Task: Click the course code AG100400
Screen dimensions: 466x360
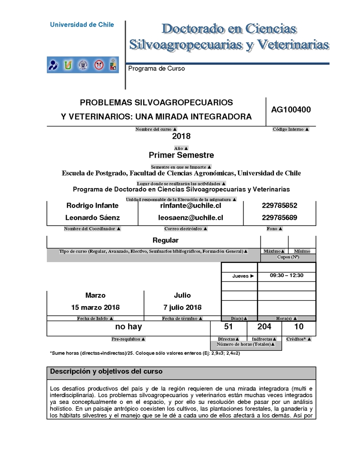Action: click(291, 109)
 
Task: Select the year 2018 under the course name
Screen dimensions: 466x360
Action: click(181, 136)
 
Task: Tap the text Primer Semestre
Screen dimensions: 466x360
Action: click(181, 155)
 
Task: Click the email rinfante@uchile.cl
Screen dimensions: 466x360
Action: click(190, 205)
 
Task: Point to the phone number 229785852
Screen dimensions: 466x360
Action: click(279, 205)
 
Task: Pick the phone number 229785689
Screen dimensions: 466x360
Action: click(279, 217)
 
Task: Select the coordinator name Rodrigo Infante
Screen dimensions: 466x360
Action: click(92, 205)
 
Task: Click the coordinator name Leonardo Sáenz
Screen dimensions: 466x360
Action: click(93, 217)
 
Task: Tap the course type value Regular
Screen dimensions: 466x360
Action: click(165, 240)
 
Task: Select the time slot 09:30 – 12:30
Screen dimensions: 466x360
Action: click(287, 276)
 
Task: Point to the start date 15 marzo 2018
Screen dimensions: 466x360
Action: click(95, 308)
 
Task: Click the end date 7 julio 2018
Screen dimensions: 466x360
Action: click(182, 308)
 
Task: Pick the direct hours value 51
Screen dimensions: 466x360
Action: click(228, 327)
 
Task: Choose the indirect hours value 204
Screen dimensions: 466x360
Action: click(264, 327)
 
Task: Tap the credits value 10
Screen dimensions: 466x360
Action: click(298, 327)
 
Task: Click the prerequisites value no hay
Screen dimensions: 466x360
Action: click(129, 327)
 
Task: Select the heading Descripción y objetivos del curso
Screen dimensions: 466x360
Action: click(106, 372)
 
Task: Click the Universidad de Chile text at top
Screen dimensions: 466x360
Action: click(82, 25)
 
